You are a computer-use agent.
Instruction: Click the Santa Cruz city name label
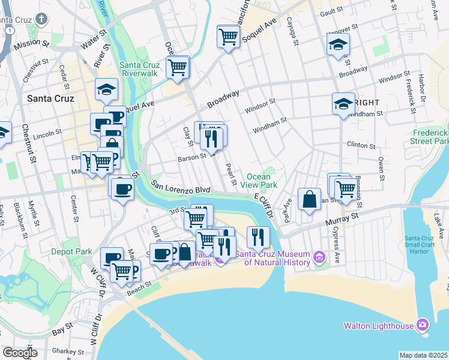(x=50, y=98)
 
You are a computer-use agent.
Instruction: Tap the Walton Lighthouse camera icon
(x=423, y=325)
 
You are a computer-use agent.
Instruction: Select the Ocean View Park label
(x=262, y=181)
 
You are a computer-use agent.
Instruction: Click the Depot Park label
(x=70, y=251)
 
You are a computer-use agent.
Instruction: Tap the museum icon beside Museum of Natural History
(x=319, y=258)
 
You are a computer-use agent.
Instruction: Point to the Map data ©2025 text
(x=423, y=355)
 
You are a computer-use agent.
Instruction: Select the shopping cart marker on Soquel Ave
(x=228, y=37)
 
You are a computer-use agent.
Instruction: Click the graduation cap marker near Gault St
(x=338, y=44)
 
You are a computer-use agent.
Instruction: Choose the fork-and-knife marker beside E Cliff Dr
(x=258, y=236)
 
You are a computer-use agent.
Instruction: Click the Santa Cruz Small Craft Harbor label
(x=426, y=239)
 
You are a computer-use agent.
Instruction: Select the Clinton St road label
(x=361, y=145)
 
